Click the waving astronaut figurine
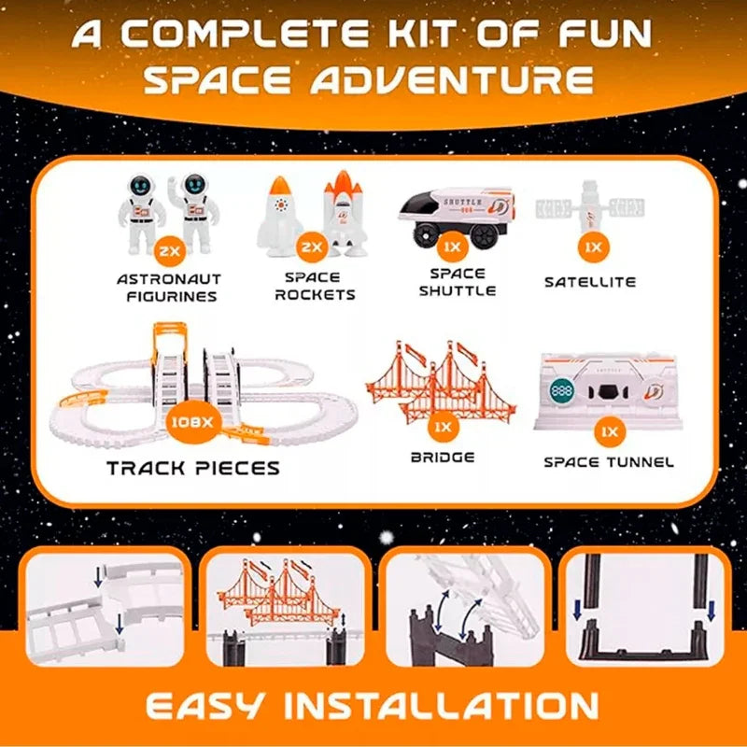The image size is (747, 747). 194,211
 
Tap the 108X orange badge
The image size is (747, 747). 193,422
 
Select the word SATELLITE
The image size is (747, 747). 590,282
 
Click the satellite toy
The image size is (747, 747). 590,206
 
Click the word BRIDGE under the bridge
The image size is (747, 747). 443,458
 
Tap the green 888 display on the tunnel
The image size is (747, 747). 562,391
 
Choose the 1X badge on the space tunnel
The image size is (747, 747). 610,431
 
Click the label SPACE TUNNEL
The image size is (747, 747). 609,462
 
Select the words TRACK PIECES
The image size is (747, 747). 193,468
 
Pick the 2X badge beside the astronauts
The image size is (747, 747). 170,250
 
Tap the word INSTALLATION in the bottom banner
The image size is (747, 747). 442,706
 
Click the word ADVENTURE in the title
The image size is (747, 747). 452,78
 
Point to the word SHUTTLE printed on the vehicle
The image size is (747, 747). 462,202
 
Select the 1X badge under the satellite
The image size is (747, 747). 593,247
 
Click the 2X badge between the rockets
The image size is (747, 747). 312,247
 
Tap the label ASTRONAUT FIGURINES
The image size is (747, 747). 169,288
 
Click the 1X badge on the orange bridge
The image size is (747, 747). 443,427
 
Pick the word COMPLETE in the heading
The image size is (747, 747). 245,34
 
